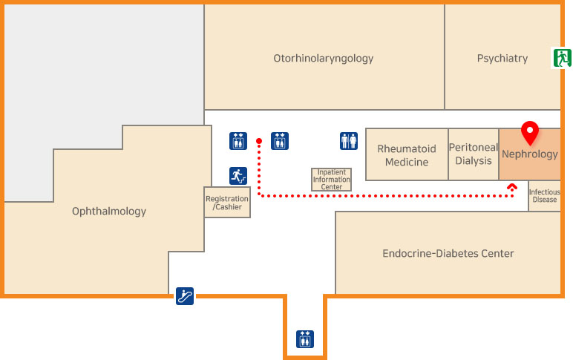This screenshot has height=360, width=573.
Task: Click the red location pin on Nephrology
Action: tap(529, 131)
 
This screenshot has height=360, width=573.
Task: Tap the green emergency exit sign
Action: tap(561, 58)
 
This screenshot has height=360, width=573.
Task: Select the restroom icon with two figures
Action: tap(349, 141)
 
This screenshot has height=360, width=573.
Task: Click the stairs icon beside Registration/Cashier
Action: tap(238, 176)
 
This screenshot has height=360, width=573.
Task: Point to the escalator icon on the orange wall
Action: tap(185, 296)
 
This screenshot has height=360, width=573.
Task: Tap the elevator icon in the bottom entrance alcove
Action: tap(305, 338)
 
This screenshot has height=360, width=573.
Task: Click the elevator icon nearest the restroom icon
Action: tap(280, 141)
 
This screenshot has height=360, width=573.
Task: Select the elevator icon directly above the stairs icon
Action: tap(238, 141)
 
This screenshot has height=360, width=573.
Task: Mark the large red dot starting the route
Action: tap(259, 141)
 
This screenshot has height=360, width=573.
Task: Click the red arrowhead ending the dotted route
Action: tap(512, 188)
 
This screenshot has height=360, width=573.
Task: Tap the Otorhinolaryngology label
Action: tap(324, 58)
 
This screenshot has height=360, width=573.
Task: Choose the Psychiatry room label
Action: tap(502, 58)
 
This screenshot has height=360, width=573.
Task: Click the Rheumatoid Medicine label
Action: tap(407, 155)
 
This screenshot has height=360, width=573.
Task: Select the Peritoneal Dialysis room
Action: tap(473, 154)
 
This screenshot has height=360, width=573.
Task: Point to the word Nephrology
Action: tap(529, 155)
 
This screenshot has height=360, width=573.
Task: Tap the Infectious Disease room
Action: tap(544, 196)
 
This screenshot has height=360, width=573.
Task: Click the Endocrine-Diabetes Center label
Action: tap(448, 254)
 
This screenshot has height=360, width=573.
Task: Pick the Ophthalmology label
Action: tap(109, 212)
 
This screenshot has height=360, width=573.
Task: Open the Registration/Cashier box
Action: tap(227, 203)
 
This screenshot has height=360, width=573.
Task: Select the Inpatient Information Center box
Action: tap(331, 180)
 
